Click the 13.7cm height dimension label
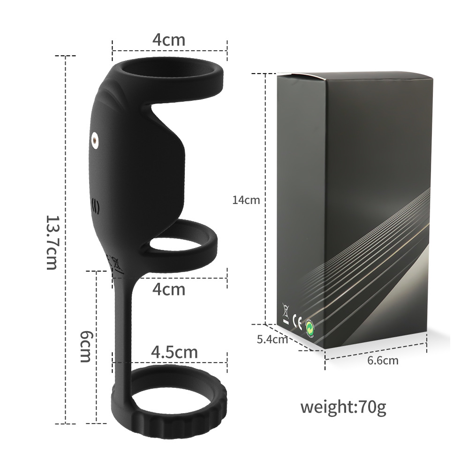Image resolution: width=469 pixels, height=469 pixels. [52, 242]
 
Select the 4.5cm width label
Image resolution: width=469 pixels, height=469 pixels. [174, 352]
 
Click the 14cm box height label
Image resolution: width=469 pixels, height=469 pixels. [246, 200]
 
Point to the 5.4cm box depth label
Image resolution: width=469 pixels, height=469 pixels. [272, 339]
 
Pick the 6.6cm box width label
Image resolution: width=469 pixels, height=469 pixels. [383, 361]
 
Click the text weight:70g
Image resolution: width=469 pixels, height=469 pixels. [343, 407]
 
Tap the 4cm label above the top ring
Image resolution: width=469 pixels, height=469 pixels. [169, 39]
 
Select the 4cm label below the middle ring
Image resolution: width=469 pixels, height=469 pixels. [169, 289]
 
